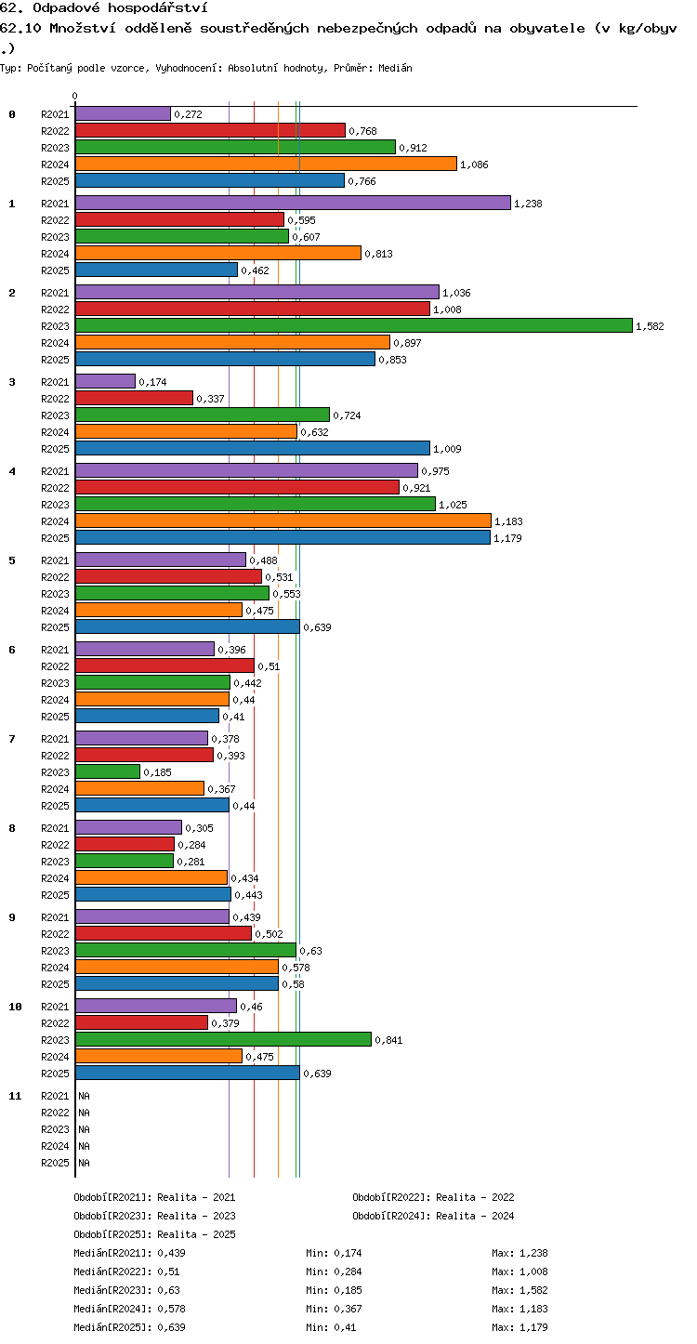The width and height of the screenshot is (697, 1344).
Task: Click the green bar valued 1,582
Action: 354,326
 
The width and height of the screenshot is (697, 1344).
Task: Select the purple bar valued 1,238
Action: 294,204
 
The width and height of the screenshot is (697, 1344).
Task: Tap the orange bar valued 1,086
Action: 267,164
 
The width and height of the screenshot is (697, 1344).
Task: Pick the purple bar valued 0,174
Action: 106,382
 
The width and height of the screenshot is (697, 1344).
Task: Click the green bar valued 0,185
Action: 108,772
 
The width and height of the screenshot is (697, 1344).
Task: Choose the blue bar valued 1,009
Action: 253,449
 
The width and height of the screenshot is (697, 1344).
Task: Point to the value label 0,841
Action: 388,1040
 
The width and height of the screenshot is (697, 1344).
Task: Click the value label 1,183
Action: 508,521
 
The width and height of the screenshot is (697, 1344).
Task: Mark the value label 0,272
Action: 189,114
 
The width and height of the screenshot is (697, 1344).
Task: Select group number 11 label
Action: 15,1096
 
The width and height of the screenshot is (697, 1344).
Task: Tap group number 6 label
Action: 12,649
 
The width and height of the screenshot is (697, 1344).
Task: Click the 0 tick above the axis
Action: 75,96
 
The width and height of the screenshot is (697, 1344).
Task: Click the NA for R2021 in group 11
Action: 84,1096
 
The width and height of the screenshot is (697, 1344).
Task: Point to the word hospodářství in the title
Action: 158,8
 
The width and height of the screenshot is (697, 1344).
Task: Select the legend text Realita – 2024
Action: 475,1216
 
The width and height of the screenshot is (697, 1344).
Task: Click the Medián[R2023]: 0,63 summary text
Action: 126,1290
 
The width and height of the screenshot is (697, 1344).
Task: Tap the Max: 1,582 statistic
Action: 520,1290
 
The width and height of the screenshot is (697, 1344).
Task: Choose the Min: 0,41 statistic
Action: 331,1327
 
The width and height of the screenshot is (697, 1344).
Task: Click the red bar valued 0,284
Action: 125,844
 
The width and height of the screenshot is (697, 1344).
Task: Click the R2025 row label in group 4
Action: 55,538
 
